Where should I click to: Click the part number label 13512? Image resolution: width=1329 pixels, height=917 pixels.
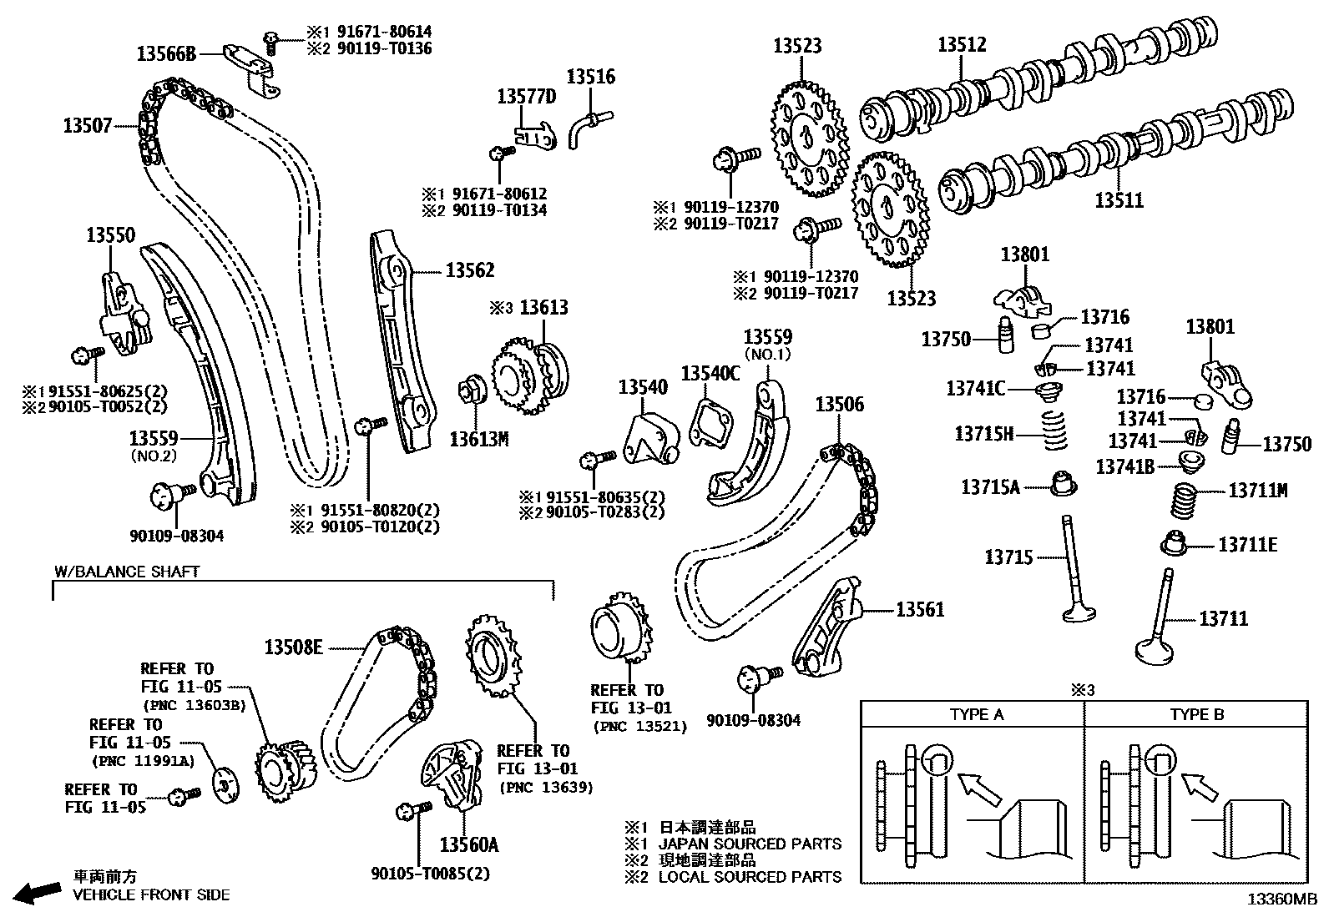(x=962, y=44)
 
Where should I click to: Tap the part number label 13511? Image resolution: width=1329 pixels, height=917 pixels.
(x=1119, y=200)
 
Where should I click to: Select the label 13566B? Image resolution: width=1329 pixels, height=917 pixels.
(x=166, y=54)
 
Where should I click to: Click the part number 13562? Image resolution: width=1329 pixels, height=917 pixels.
(x=469, y=270)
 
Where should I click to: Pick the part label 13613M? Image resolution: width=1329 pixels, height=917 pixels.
(x=478, y=439)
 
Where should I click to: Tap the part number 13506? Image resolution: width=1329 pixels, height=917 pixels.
(x=839, y=405)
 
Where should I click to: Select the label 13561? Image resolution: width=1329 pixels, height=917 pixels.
(x=920, y=610)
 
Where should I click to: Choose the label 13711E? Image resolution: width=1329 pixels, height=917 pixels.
(x=1247, y=546)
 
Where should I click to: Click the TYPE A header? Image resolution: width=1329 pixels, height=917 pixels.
(x=976, y=714)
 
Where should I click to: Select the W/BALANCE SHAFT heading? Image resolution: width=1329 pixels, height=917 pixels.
(x=127, y=572)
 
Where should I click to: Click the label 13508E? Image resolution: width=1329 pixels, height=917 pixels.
(x=294, y=647)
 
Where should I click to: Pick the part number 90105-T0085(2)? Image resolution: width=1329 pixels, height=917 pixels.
(x=431, y=874)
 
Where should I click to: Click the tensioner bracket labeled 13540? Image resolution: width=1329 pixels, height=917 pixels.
(x=651, y=437)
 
